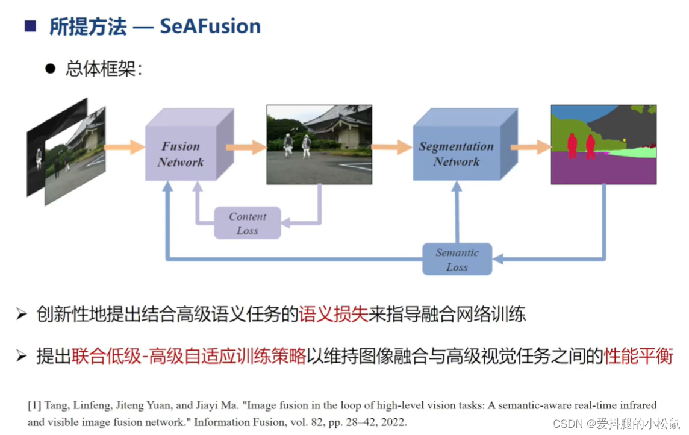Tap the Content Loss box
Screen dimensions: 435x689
[x=248, y=224]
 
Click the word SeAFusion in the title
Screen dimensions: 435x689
[x=210, y=27]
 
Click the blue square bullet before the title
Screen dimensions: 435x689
[x=30, y=26]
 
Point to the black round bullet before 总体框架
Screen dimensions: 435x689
[x=50, y=69]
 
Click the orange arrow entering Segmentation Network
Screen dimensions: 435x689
[x=391, y=146]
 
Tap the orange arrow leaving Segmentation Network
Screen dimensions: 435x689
[x=531, y=146]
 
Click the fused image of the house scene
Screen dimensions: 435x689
[x=319, y=145]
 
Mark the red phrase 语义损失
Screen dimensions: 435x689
[x=333, y=314]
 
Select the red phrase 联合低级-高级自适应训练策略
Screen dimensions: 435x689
[x=189, y=357]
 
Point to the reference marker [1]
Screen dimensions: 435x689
[x=34, y=405]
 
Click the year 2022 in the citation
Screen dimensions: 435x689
[x=395, y=422]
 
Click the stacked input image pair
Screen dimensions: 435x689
[x=66, y=152]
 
